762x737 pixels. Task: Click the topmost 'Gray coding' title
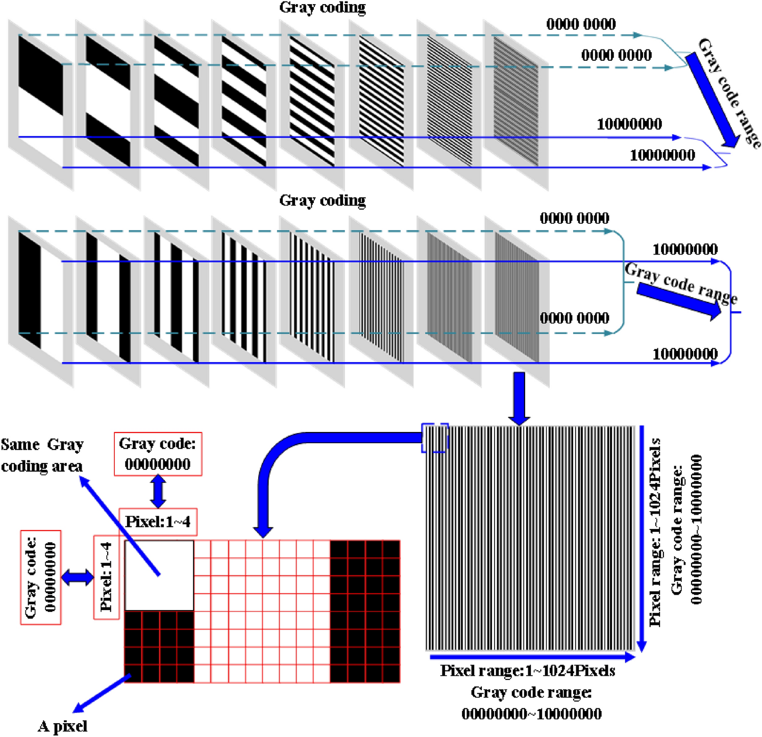(x=322, y=8)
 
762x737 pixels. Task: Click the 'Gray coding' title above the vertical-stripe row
(x=322, y=200)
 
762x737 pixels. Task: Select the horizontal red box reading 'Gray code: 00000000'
(x=158, y=454)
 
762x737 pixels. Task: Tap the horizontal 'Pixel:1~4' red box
(x=158, y=522)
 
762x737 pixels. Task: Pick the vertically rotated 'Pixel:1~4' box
(x=106, y=577)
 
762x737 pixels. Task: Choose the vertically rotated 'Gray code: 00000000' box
(x=41, y=577)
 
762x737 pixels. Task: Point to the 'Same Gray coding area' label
(x=42, y=455)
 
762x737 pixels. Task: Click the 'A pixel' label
(x=62, y=726)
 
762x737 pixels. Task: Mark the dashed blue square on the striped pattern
(x=434, y=438)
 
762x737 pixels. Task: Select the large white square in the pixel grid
(x=159, y=575)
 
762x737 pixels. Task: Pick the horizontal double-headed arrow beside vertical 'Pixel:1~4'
(x=78, y=577)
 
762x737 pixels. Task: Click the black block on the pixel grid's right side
(x=364, y=611)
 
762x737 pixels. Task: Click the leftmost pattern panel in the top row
(x=40, y=105)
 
